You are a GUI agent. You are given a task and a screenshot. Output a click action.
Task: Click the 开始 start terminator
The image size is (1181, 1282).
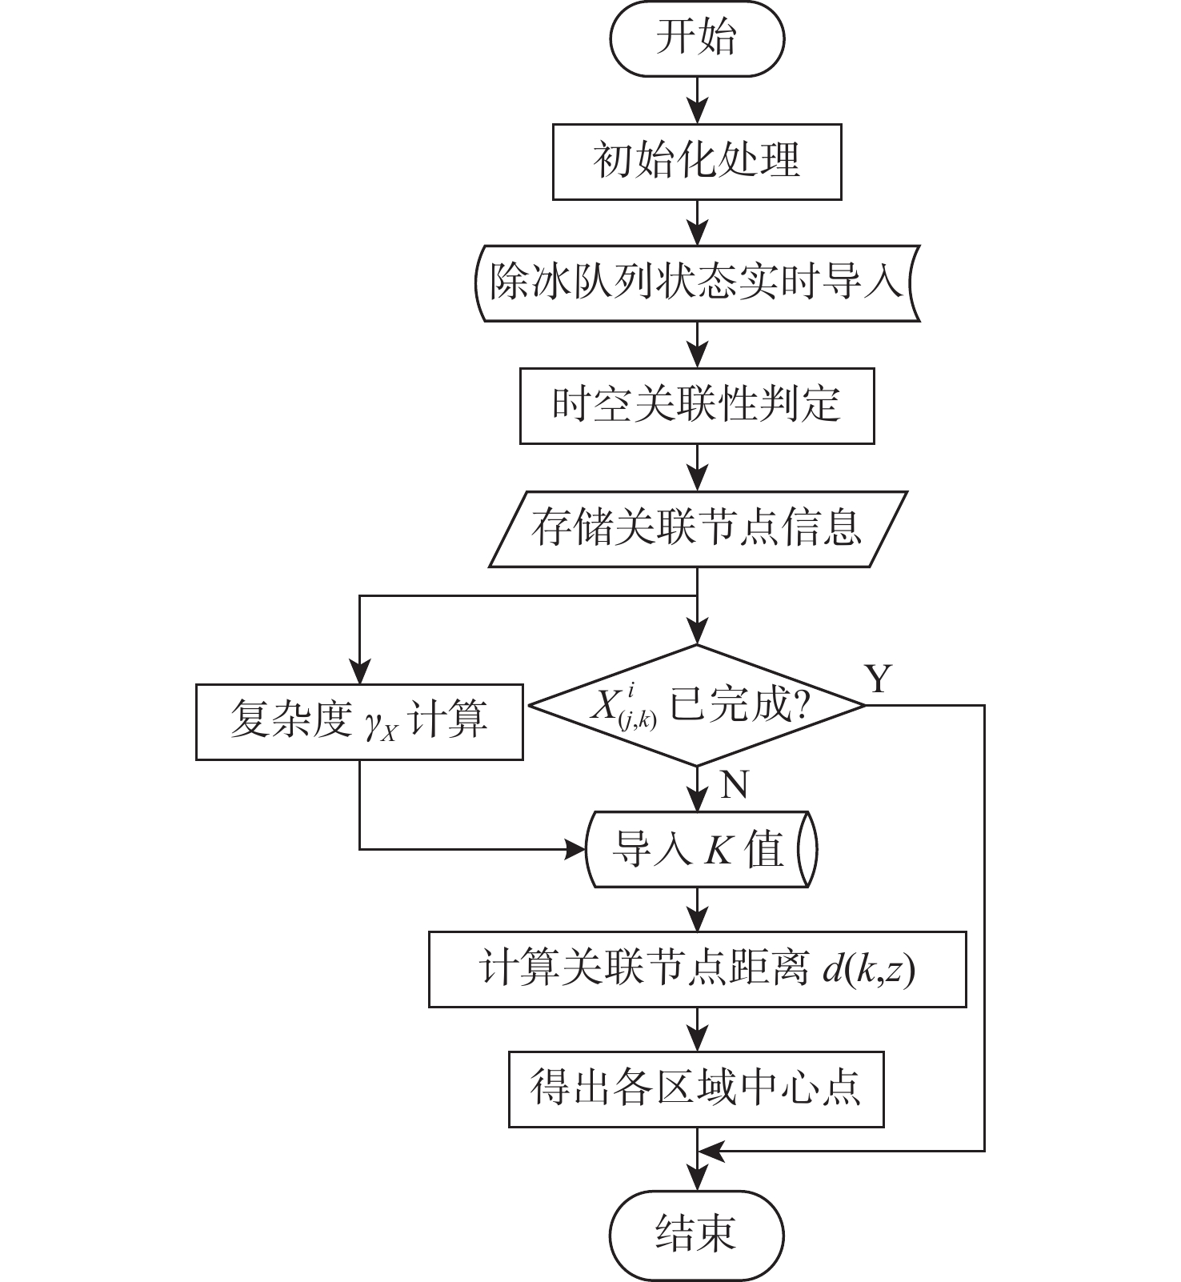click(697, 38)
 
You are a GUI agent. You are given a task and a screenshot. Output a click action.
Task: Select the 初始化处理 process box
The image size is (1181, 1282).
click(697, 162)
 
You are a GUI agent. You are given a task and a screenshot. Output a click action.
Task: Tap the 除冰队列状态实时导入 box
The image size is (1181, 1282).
click(697, 283)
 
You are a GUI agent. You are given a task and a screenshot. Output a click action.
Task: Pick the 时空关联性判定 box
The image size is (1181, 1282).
click(697, 406)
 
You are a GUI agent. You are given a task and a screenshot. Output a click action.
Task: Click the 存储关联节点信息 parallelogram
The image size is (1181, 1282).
click(697, 529)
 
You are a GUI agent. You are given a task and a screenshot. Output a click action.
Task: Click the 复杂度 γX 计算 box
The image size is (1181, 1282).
click(359, 722)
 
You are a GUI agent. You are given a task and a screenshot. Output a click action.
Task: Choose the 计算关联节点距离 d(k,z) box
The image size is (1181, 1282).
click(697, 969)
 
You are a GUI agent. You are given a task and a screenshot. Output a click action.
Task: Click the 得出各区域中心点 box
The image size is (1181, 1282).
click(696, 1089)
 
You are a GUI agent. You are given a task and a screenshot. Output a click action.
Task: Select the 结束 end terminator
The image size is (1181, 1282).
click(696, 1233)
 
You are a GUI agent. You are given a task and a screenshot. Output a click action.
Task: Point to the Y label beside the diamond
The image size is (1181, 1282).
click(879, 679)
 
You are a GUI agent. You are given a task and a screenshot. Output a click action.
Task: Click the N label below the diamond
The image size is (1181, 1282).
click(734, 785)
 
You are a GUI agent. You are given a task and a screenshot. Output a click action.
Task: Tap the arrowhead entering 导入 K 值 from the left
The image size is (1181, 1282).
click(576, 849)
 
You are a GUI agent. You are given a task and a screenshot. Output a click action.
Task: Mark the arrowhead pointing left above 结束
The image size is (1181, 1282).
click(711, 1152)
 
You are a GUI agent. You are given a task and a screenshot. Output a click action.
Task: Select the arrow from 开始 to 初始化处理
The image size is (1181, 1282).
click(698, 100)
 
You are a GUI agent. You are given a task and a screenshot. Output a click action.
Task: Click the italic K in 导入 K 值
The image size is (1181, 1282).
click(718, 850)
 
